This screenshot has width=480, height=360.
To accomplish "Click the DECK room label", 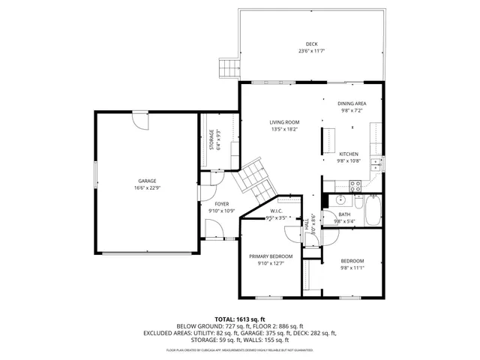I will [310, 44].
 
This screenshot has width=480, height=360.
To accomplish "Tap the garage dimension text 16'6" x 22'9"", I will [146, 188].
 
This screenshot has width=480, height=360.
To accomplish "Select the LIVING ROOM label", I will [285, 122].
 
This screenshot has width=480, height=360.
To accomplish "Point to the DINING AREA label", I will [352, 103].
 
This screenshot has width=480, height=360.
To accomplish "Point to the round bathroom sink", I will [340, 200].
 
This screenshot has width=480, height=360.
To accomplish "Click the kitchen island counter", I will [328, 140].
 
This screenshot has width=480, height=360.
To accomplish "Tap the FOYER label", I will [222, 204].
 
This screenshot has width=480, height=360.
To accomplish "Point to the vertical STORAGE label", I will [211, 141].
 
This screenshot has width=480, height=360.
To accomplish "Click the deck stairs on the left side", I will [227, 69].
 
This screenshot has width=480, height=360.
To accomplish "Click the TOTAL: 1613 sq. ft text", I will [240, 319].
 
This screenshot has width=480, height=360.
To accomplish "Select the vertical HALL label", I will [306, 223].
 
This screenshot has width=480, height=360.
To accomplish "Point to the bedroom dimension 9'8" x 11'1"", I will [352, 268].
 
